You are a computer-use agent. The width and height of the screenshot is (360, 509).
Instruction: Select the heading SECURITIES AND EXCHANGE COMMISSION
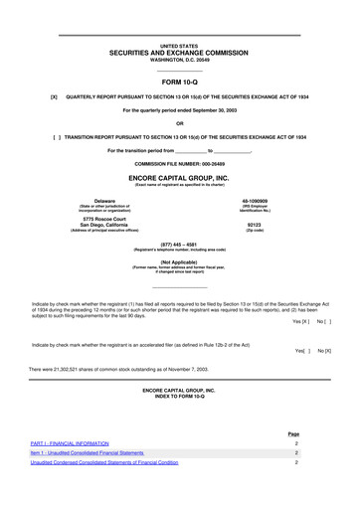180,53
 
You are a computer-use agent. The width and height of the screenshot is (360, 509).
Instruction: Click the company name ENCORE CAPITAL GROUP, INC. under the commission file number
180,177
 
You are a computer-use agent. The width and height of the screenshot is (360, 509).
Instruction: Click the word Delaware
90,200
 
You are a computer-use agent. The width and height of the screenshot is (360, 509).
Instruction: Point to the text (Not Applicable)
180,261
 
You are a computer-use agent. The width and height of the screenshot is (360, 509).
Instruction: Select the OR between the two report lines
180,122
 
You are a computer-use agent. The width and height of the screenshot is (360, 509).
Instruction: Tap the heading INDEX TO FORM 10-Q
180,397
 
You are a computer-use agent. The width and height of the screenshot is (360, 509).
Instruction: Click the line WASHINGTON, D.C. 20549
180,60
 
